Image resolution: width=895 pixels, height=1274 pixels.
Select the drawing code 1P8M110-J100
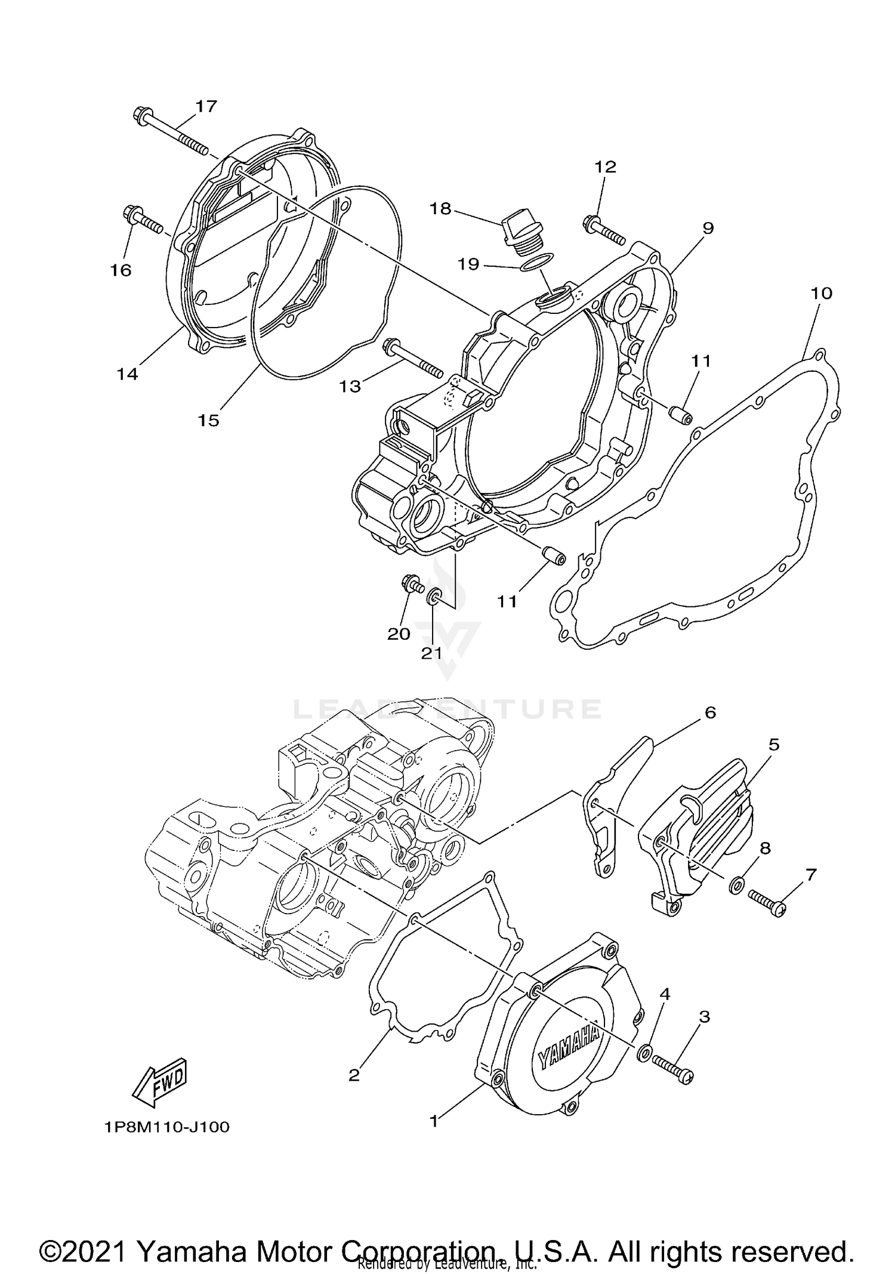tap(166, 1127)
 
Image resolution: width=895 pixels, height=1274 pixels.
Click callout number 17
tap(206, 106)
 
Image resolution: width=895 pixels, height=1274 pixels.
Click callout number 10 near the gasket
tap(821, 293)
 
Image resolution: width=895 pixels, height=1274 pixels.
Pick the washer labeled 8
tap(736, 885)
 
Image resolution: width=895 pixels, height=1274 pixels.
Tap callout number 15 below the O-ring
tap(209, 420)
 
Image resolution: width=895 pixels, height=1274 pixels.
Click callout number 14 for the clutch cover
tap(127, 374)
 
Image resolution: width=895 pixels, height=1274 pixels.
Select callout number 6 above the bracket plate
tap(710, 712)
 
